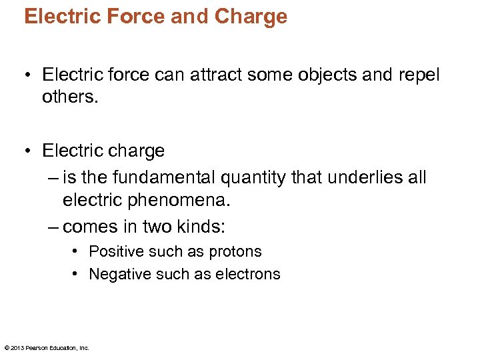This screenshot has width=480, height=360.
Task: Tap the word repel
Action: (x=420, y=75)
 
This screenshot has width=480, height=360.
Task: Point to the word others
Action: (x=69, y=97)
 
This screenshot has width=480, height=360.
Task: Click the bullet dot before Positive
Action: (x=77, y=251)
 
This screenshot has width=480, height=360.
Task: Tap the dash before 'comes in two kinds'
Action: (x=53, y=227)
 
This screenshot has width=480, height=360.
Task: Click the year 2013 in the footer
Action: (x=17, y=347)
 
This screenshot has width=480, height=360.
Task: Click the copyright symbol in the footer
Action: (x=6, y=347)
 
